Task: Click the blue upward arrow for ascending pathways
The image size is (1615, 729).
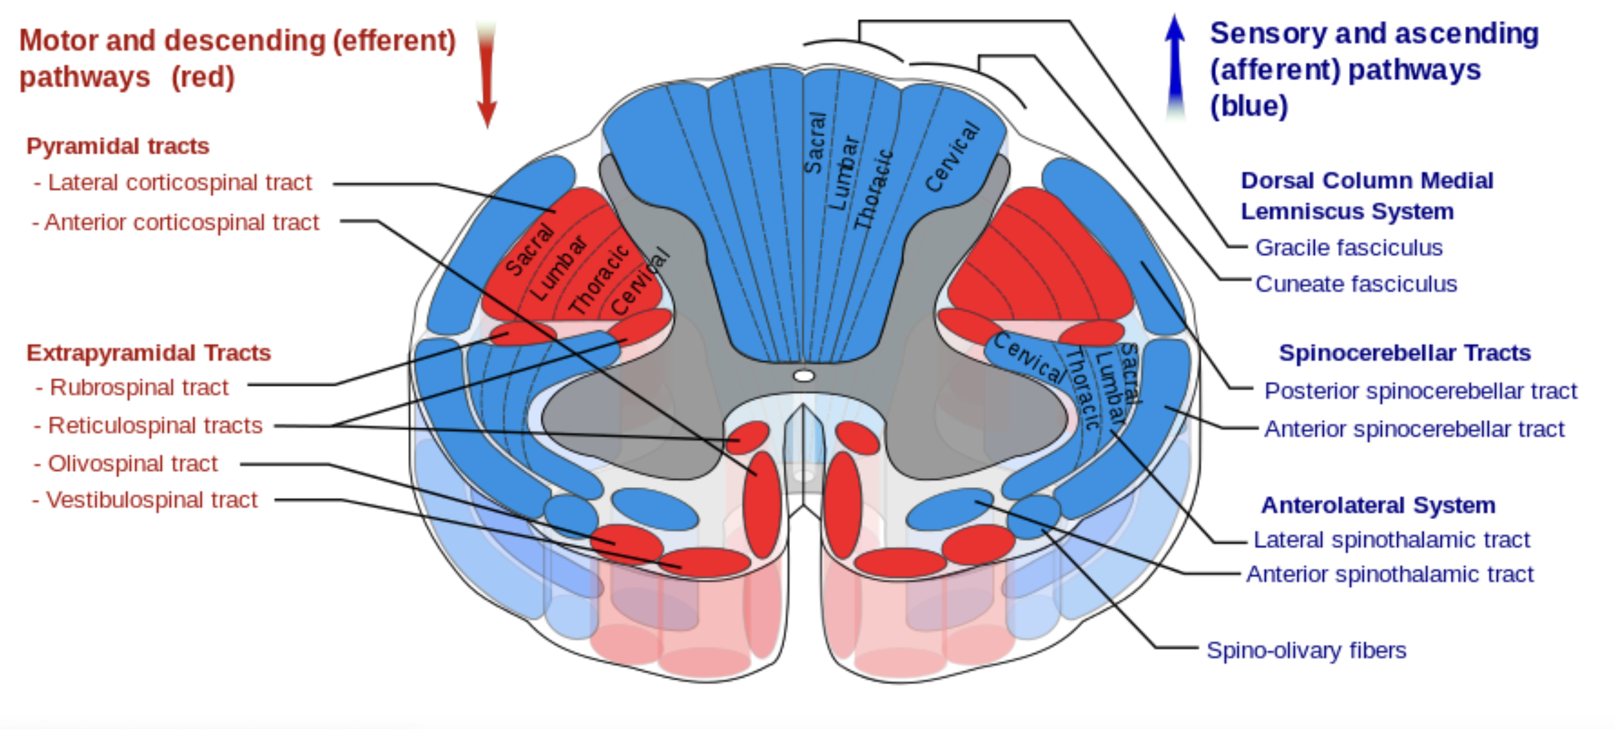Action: pos(1174,65)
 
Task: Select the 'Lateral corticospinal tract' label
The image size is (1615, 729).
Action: pos(180,183)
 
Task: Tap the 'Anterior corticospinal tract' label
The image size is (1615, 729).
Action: pos(182,222)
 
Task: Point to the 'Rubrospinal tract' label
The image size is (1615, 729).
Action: pos(139,387)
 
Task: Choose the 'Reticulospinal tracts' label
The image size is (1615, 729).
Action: pos(155,425)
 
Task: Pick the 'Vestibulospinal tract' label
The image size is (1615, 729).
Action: pos(152,500)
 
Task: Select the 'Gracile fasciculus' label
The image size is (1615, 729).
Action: pos(1348,248)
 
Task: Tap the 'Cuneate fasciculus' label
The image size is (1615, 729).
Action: pos(1356,284)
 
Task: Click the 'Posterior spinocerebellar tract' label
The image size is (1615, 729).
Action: pos(1420,391)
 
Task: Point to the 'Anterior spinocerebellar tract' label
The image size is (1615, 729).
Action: pos(1414,429)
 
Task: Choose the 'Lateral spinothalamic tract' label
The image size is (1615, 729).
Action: pos(1391,540)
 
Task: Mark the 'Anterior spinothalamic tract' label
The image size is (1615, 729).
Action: pos(1389,574)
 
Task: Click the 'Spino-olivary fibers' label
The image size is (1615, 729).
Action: pos(1306,650)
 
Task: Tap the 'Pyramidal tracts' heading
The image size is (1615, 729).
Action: pos(118,146)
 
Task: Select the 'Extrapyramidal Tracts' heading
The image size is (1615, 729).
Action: pos(149,353)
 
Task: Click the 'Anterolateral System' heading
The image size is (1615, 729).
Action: pos(1378,505)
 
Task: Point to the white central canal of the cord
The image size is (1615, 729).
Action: pos(804,376)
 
